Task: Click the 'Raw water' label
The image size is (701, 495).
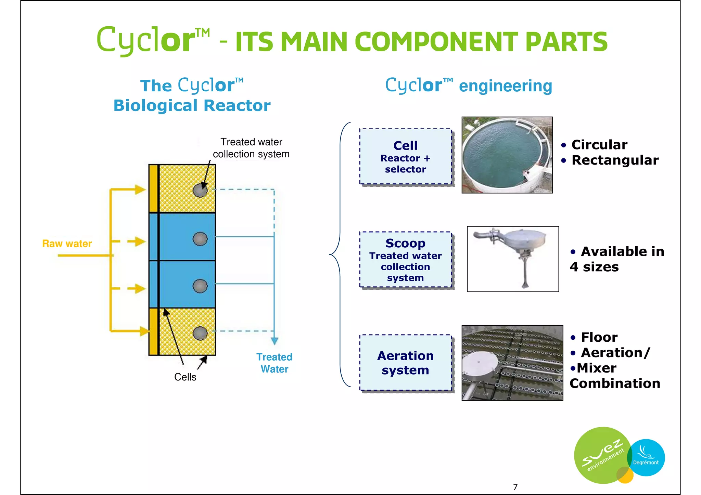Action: (67, 244)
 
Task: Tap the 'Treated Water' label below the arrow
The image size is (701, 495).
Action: (274, 363)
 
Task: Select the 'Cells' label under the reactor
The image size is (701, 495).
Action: (185, 377)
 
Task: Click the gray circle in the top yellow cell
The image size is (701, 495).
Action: (200, 191)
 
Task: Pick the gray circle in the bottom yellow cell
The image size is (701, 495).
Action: (200, 333)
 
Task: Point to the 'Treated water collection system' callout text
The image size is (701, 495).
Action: (251, 148)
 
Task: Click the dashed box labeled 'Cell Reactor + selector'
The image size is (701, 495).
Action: (405, 157)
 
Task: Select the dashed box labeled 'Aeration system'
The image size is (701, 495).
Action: (405, 363)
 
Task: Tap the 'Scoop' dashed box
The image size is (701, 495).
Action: (405, 260)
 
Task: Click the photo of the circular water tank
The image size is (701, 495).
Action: (507, 155)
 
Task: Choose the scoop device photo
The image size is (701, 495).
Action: (512, 259)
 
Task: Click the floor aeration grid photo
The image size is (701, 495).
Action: (512, 363)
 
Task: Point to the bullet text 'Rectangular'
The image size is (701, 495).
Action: (615, 160)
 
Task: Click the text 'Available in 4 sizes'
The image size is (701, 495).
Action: (617, 259)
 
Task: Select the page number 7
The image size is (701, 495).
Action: (515, 487)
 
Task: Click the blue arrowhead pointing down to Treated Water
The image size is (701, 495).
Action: (275, 341)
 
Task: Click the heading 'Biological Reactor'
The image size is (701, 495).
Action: (192, 105)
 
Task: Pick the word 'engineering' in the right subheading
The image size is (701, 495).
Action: (505, 86)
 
